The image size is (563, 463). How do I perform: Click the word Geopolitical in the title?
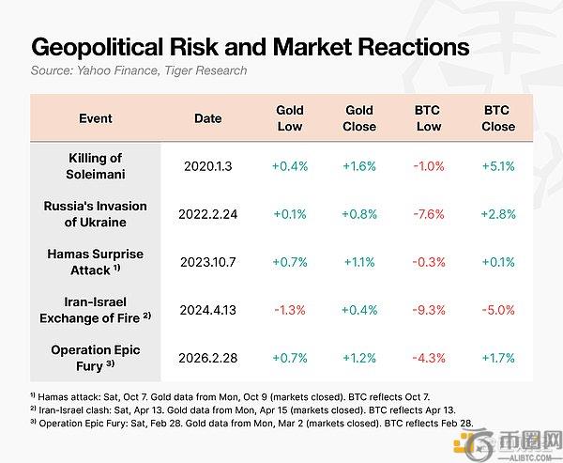coord(98,48)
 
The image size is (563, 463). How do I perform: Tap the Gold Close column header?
coord(359,118)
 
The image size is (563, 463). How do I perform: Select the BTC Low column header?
coord(429,118)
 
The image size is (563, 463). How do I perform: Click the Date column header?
coord(208,118)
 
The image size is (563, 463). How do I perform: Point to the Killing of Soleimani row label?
coord(96,166)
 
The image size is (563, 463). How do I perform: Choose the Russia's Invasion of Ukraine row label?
coord(96,214)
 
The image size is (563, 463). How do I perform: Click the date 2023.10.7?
coord(208,262)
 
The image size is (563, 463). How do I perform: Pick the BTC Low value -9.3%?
coord(429,310)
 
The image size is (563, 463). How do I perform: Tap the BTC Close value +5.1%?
coord(498,166)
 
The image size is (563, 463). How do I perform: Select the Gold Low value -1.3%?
coord(290,310)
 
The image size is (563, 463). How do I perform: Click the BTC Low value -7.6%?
coord(429,214)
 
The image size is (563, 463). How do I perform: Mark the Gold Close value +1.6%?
coord(359,166)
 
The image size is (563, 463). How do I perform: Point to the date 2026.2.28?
coord(208,358)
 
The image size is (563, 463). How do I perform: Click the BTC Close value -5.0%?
coord(498,310)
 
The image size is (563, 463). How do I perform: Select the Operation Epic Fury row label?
coord(96,358)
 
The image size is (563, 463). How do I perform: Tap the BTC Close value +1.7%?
coord(498,358)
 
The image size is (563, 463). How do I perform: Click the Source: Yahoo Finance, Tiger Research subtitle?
coord(139,70)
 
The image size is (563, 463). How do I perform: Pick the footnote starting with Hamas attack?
coord(230,397)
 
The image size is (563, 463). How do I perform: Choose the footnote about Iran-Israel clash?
coord(243,409)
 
